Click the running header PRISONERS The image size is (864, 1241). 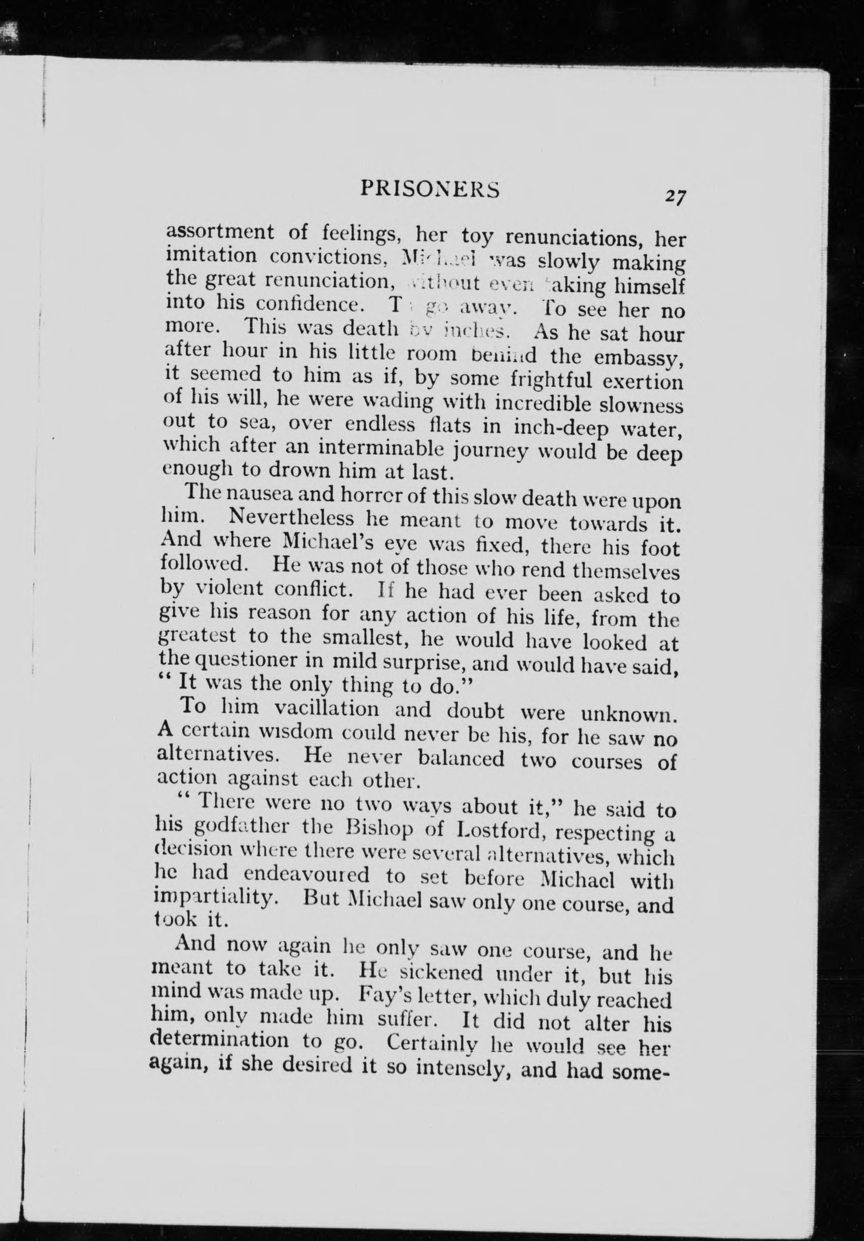pos(430,189)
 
